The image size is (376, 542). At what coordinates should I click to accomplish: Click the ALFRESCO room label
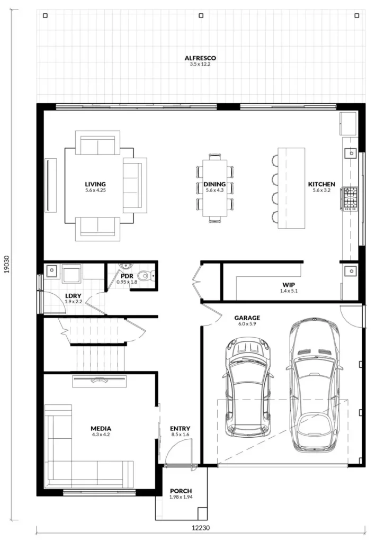[x=200, y=58]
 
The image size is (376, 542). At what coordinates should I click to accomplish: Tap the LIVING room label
[x=95, y=184]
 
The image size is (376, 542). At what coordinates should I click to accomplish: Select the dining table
[x=215, y=188]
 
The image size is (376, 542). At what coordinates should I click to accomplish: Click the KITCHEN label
[x=321, y=184]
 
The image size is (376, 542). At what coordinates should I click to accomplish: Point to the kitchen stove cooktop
[x=350, y=198]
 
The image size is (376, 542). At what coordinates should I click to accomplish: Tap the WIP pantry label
[x=289, y=285]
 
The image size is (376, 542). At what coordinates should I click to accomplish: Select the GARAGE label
[x=247, y=318]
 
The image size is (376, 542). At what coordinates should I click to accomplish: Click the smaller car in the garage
[x=248, y=387]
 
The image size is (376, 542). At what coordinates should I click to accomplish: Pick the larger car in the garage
[x=314, y=385]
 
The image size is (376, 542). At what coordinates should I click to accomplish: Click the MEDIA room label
[x=101, y=429]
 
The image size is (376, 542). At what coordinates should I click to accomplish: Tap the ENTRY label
[x=180, y=429]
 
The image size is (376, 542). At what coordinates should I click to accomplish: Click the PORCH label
[x=181, y=491]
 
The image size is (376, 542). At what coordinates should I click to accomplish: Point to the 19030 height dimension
[x=6, y=265]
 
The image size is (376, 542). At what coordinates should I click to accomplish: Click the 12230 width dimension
[x=201, y=528]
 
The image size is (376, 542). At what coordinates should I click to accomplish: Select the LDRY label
[x=73, y=296]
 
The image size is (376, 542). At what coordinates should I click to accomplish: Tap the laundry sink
[x=52, y=271]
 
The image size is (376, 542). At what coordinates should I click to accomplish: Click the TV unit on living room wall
[x=51, y=185]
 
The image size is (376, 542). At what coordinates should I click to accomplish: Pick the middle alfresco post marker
[x=201, y=15]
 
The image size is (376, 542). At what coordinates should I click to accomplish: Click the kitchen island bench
[x=291, y=188]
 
